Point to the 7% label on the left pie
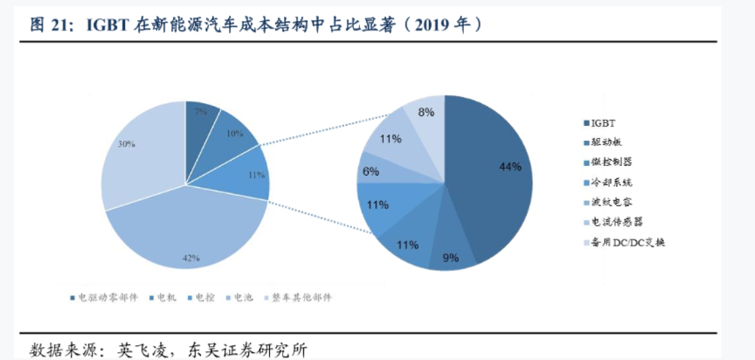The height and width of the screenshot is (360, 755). point(201,113)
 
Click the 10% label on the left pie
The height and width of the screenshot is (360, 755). point(234,135)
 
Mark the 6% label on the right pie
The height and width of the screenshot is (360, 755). point(370,171)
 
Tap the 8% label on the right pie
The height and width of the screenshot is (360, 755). point(426,112)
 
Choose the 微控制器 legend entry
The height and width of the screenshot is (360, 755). point(612,162)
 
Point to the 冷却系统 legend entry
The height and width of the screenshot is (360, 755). point(612,182)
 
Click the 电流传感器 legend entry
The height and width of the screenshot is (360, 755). point(616,222)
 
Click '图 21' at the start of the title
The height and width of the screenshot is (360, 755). point(52,24)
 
